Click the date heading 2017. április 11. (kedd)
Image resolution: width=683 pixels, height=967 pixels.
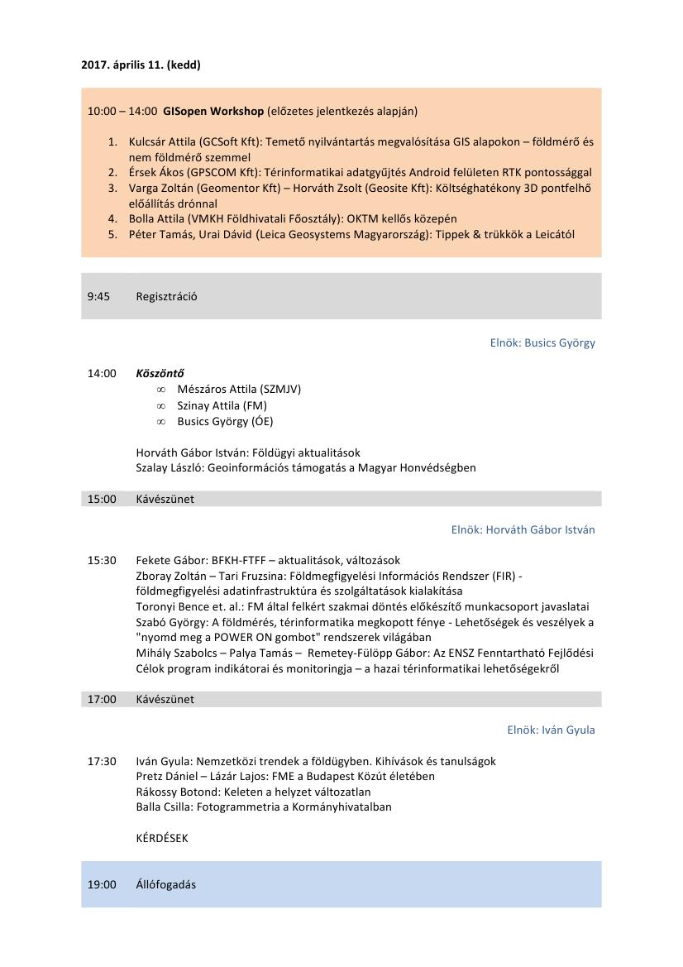pyautogui.click(x=141, y=65)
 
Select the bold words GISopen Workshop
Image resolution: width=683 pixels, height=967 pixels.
pyautogui.click(x=213, y=111)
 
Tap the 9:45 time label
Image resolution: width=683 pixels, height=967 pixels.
pyautogui.click(x=98, y=296)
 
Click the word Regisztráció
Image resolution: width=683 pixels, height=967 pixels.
pyautogui.click(x=166, y=296)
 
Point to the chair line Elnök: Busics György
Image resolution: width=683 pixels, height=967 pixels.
pyautogui.click(x=542, y=342)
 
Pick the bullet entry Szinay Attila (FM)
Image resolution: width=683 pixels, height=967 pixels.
pyautogui.click(x=222, y=405)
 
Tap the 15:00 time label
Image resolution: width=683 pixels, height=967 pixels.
pyautogui.click(x=102, y=499)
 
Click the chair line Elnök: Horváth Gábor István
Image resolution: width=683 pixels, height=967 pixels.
pyautogui.click(x=523, y=529)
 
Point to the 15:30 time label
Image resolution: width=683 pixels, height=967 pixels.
pyautogui.click(x=102, y=560)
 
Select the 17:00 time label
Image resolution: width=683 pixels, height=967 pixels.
pyautogui.click(x=102, y=699)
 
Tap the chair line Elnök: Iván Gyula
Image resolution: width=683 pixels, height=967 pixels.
pyautogui.click(x=551, y=730)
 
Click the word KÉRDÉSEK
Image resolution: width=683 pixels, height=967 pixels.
pyautogui.click(x=162, y=838)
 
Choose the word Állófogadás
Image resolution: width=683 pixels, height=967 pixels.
pyautogui.click(x=165, y=884)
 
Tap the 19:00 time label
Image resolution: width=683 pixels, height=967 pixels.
pyautogui.click(x=102, y=884)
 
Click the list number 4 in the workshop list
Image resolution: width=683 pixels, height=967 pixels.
pyautogui.click(x=112, y=219)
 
